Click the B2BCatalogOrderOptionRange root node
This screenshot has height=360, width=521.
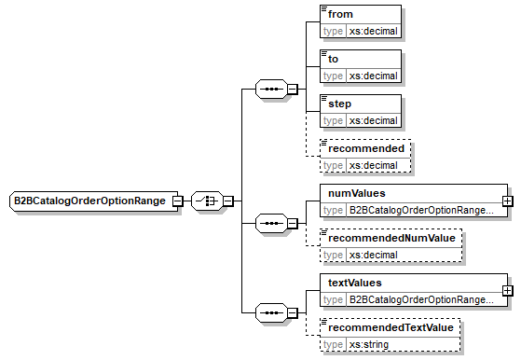pyautogui.click(x=89, y=201)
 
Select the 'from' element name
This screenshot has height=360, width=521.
pyautogui.click(x=340, y=14)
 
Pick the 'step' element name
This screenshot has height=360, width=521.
pyautogui.click(x=342, y=104)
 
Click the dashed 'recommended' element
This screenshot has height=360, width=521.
pyautogui.click(x=365, y=148)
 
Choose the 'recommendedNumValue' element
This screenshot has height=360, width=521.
pyautogui.click(x=391, y=238)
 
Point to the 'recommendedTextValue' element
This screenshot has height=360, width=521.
pyautogui.click(x=391, y=327)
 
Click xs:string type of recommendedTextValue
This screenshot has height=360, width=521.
pyautogui.click(x=370, y=344)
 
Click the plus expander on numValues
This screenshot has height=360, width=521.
pyautogui.click(x=507, y=201)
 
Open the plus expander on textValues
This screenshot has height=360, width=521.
pyautogui.click(x=507, y=290)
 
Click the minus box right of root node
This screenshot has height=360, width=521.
pyautogui.click(x=175, y=201)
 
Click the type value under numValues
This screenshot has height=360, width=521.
pyautogui.click(x=420, y=210)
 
